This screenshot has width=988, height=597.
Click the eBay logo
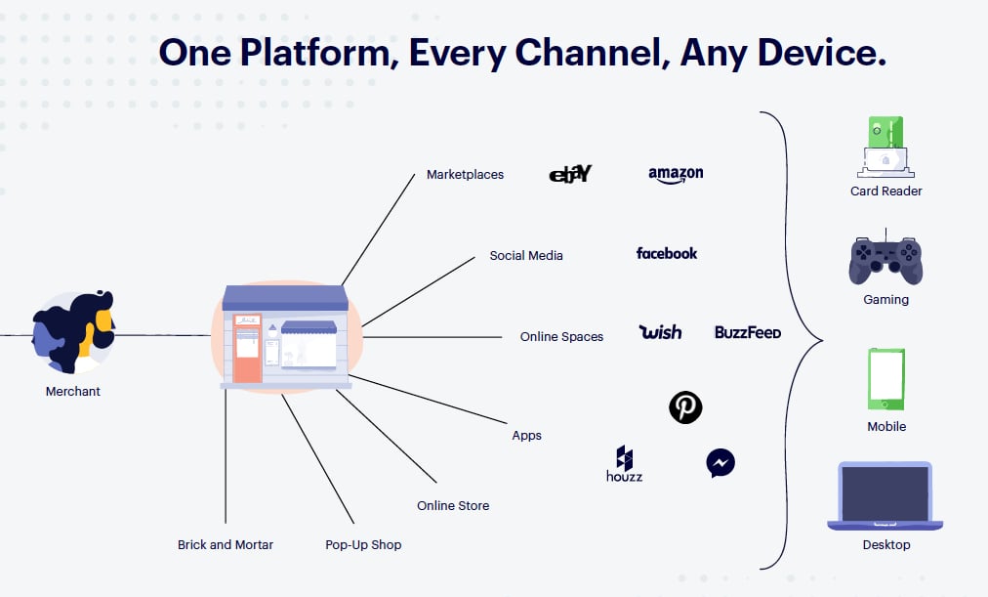point(570,174)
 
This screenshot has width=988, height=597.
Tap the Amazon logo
point(676,174)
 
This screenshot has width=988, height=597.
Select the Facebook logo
point(667,253)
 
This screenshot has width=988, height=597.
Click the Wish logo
point(660,332)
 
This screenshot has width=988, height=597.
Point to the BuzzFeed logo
point(748,332)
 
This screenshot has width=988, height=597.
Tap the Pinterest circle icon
point(685,406)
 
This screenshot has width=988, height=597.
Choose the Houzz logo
point(624,464)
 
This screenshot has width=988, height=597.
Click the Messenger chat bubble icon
point(720,462)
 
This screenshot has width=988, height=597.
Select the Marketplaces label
point(465,175)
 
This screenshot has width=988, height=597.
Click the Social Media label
point(526,256)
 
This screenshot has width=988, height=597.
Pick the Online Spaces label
point(561,337)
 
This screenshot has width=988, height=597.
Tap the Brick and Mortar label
point(226,544)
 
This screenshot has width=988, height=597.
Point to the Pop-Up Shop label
point(363,544)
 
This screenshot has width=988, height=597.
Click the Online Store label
point(453,505)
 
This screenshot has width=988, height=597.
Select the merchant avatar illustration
point(73,330)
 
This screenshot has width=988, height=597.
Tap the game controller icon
point(885,259)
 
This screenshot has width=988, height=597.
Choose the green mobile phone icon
point(886,379)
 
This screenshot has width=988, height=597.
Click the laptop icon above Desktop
point(885,495)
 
